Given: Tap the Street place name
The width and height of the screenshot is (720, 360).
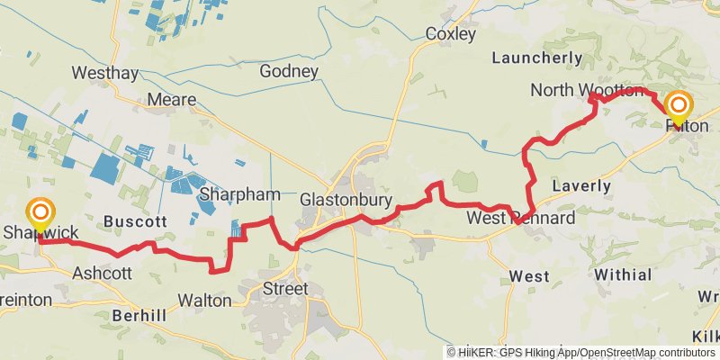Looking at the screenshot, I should pyautogui.click(x=284, y=289).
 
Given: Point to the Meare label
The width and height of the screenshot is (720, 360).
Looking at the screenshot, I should pyautogui.click(x=171, y=100).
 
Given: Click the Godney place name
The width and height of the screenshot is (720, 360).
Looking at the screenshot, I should pyautogui.click(x=288, y=71).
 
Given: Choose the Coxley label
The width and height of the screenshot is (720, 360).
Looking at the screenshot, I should pyautogui.click(x=450, y=34).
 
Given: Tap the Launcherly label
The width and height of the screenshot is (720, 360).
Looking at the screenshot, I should pyautogui.click(x=536, y=58).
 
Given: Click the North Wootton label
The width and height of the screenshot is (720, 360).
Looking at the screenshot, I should pyautogui.click(x=585, y=90).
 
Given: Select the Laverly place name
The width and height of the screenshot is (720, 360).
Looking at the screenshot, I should pyautogui.click(x=581, y=186).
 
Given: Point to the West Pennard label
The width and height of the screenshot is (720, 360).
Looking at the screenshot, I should pyautogui.click(x=520, y=219).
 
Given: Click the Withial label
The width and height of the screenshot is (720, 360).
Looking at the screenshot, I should pyautogui.click(x=622, y=274).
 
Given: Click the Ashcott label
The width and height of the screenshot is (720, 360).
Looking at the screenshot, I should pyautogui.click(x=102, y=273).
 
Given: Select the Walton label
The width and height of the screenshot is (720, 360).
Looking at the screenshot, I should pyautogui.click(x=205, y=299).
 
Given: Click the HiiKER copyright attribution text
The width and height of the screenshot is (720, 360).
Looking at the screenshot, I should pyautogui.click(x=581, y=352).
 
